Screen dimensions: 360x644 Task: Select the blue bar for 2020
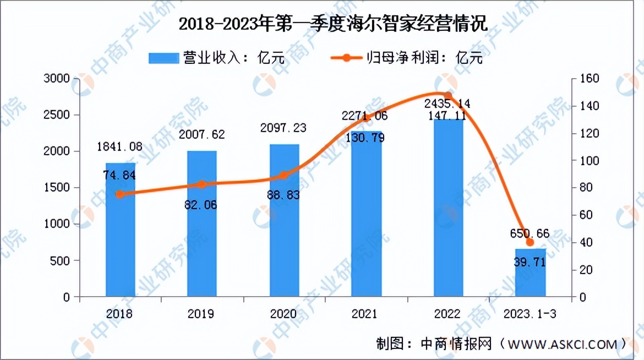click(284, 220)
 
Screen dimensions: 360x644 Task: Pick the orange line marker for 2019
click(202, 184)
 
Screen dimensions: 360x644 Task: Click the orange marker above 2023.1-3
click(530, 242)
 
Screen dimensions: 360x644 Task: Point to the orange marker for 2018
click(121, 194)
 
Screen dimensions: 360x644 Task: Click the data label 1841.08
click(120, 146)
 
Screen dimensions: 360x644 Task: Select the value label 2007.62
click(202, 135)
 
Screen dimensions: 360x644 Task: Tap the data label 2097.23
click(284, 128)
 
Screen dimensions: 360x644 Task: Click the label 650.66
click(530, 234)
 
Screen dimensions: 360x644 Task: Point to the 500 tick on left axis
click(62, 260)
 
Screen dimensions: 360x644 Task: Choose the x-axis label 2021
click(365, 314)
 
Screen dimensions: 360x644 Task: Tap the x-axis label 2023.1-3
click(530, 314)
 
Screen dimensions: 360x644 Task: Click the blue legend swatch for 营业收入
click(163, 57)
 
